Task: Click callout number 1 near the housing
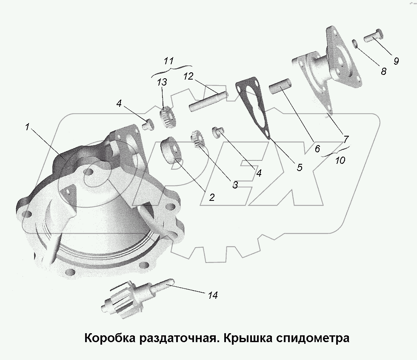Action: [27, 127]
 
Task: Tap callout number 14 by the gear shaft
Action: [213, 295]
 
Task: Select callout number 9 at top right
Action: [396, 61]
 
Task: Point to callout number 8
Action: [383, 71]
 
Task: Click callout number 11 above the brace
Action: [169, 60]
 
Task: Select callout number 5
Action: [299, 167]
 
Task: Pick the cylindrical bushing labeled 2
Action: [171, 149]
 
